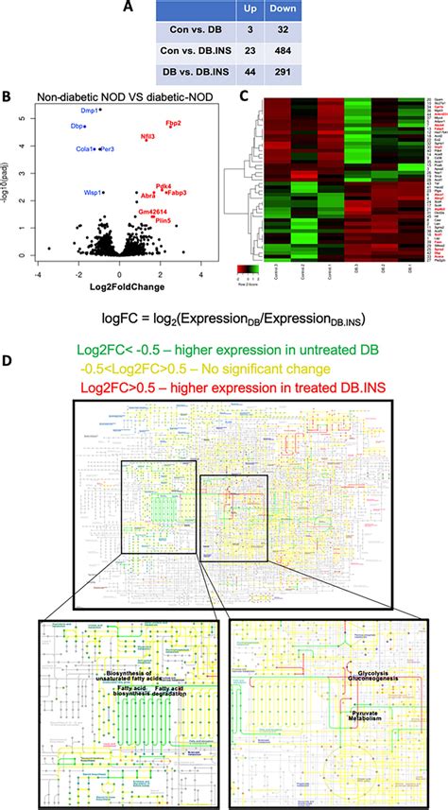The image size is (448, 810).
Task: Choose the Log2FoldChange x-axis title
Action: (114, 261)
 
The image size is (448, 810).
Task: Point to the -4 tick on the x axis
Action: (35, 248)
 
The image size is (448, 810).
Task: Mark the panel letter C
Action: (244, 96)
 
